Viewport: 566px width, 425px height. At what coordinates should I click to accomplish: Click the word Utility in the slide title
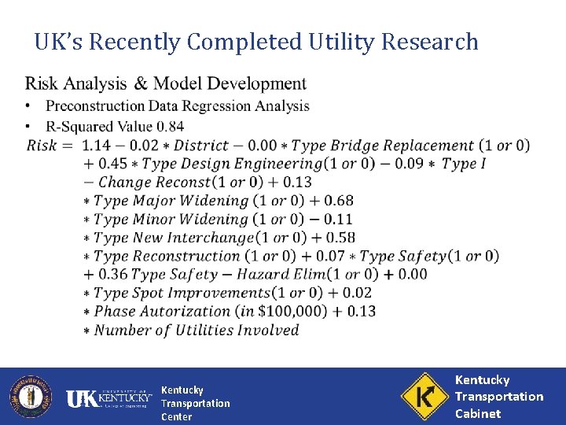coord(338,41)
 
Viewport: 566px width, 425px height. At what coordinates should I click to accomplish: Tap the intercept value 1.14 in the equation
coord(97,146)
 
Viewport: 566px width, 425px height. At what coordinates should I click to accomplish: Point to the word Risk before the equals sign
coord(41,146)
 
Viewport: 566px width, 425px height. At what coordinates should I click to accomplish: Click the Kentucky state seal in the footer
coord(30,396)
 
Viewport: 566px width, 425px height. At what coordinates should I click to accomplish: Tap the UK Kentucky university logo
coord(108,398)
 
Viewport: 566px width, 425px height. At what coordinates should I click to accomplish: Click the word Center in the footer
coord(176,416)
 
